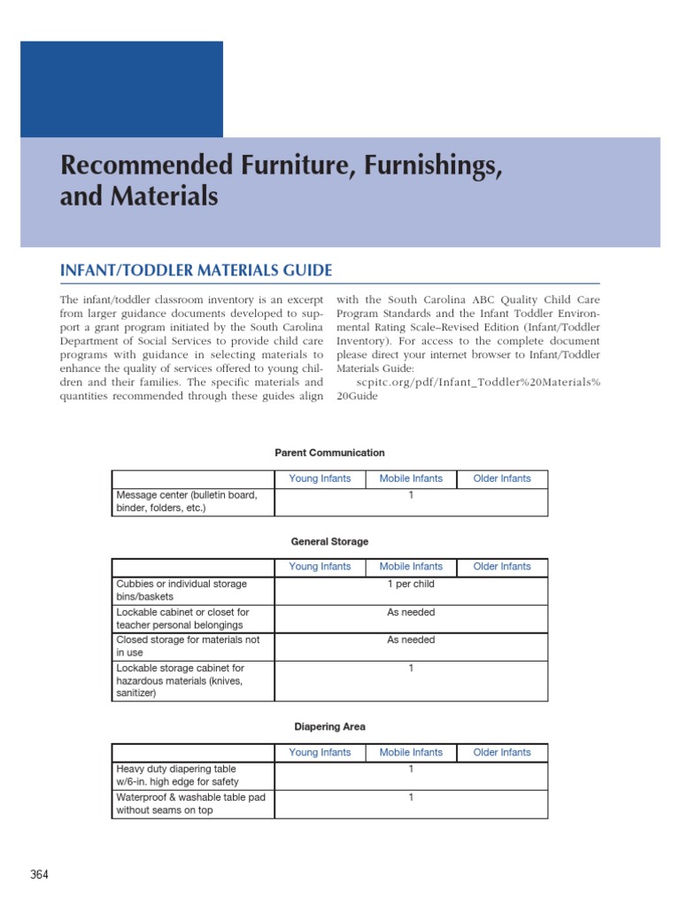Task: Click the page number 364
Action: (39, 875)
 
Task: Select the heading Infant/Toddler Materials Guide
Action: (196, 270)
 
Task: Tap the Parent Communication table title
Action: (329, 453)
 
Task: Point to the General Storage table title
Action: (329, 541)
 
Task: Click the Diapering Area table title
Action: (329, 726)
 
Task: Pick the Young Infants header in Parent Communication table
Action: (320, 478)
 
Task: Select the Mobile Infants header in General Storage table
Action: (411, 567)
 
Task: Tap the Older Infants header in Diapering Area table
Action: (502, 752)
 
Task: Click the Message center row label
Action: (188, 501)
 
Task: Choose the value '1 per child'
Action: (411, 585)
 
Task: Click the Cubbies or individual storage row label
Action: (182, 590)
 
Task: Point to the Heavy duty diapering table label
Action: (177, 775)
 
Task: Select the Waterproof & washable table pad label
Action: (190, 803)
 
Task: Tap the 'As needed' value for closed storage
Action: (411, 640)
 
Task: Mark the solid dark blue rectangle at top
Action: (121, 89)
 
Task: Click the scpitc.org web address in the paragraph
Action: (478, 382)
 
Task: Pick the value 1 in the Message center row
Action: (411, 495)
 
